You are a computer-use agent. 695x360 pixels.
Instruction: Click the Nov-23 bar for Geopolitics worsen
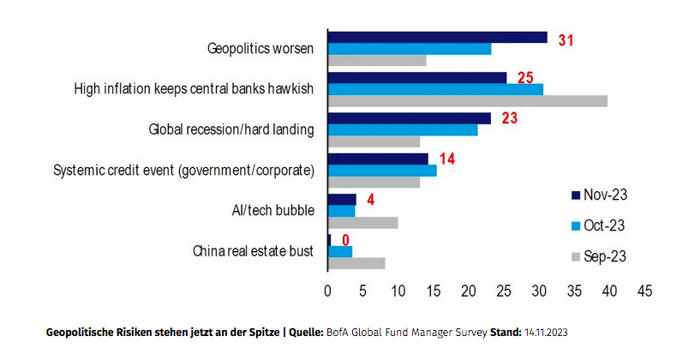[437, 37]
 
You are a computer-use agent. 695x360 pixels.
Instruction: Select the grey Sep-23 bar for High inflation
[468, 101]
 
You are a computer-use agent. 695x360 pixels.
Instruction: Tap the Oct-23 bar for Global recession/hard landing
[403, 129]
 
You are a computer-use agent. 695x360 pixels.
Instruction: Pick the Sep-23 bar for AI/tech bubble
[363, 223]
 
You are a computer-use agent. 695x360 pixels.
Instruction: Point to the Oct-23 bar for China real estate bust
[340, 252]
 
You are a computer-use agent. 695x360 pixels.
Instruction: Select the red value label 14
[446, 159]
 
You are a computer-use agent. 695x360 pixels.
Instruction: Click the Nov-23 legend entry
[597, 195]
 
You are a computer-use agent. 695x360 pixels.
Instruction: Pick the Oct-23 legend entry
[597, 225]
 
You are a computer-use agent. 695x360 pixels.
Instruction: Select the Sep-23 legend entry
[597, 256]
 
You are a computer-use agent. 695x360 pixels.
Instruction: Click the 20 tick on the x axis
[469, 291]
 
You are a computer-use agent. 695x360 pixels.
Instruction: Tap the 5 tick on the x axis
[363, 291]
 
